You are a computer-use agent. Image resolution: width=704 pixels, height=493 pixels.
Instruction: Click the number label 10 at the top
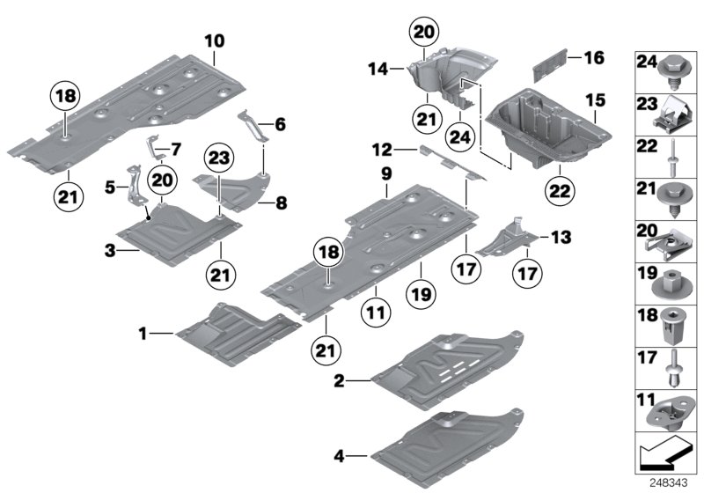point(215,40)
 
